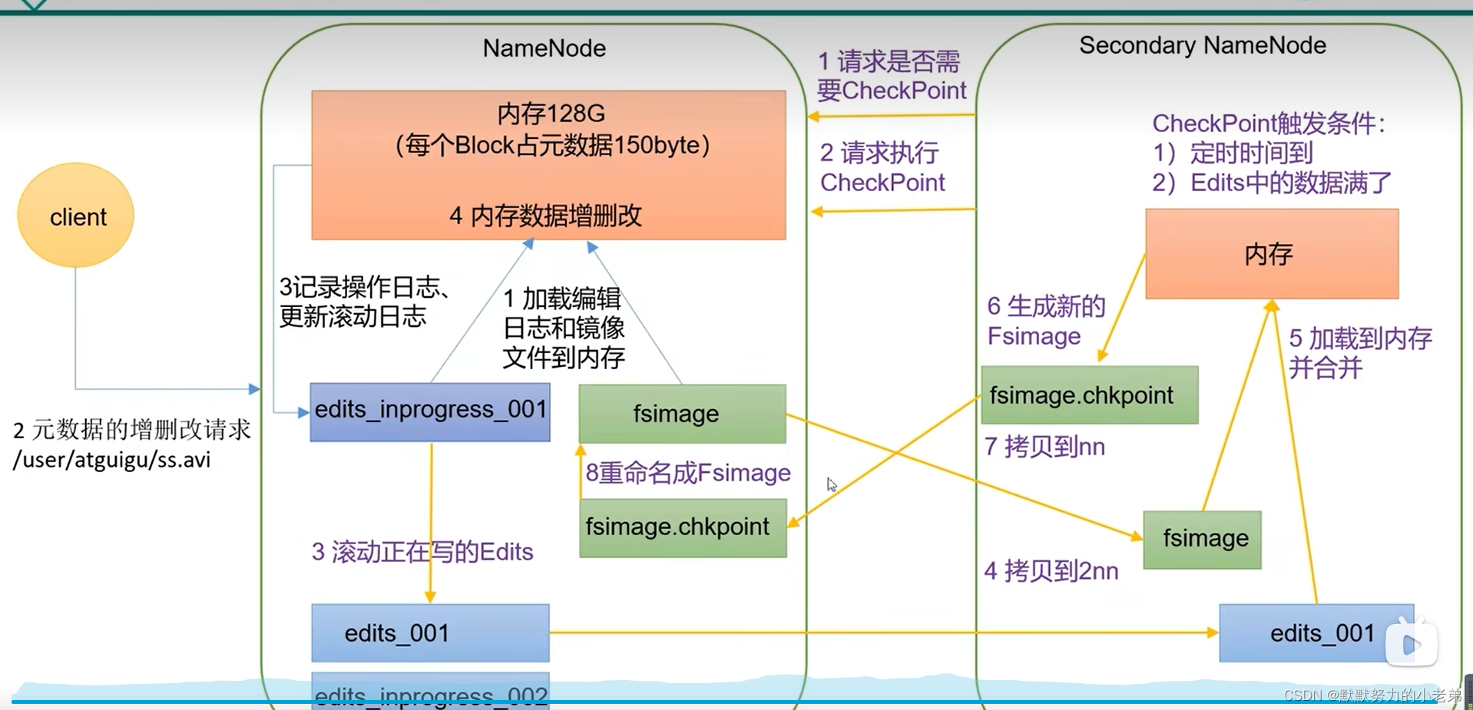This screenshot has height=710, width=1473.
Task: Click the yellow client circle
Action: click(75, 216)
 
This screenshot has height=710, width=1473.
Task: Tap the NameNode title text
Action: click(544, 48)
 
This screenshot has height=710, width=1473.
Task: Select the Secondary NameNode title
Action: click(1202, 45)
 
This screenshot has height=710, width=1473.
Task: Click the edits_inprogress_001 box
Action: click(430, 411)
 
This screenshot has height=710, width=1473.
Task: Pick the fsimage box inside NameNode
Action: click(682, 414)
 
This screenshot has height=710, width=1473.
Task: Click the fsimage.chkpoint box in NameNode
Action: click(682, 527)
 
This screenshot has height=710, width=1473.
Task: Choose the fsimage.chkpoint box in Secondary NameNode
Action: click(1089, 395)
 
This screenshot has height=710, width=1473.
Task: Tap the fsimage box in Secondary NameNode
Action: click(1202, 539)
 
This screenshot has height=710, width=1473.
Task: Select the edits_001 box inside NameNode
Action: click(430, 633)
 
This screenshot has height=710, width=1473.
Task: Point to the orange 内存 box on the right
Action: click(1271, 254)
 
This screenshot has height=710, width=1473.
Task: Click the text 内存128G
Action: click(551, 114)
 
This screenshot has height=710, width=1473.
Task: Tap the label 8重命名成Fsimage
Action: click(687, 473)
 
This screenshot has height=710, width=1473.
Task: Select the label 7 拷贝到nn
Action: click(1044, 447)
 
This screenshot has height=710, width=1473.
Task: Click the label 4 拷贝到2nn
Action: click(1051, 571)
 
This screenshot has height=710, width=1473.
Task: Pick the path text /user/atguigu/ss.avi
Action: click(112, 460)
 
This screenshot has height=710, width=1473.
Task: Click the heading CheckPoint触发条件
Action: click(1268, 124)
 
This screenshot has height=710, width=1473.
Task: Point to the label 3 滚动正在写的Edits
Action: click(422, 552)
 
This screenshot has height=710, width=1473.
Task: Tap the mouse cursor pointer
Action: click(831, 484)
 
